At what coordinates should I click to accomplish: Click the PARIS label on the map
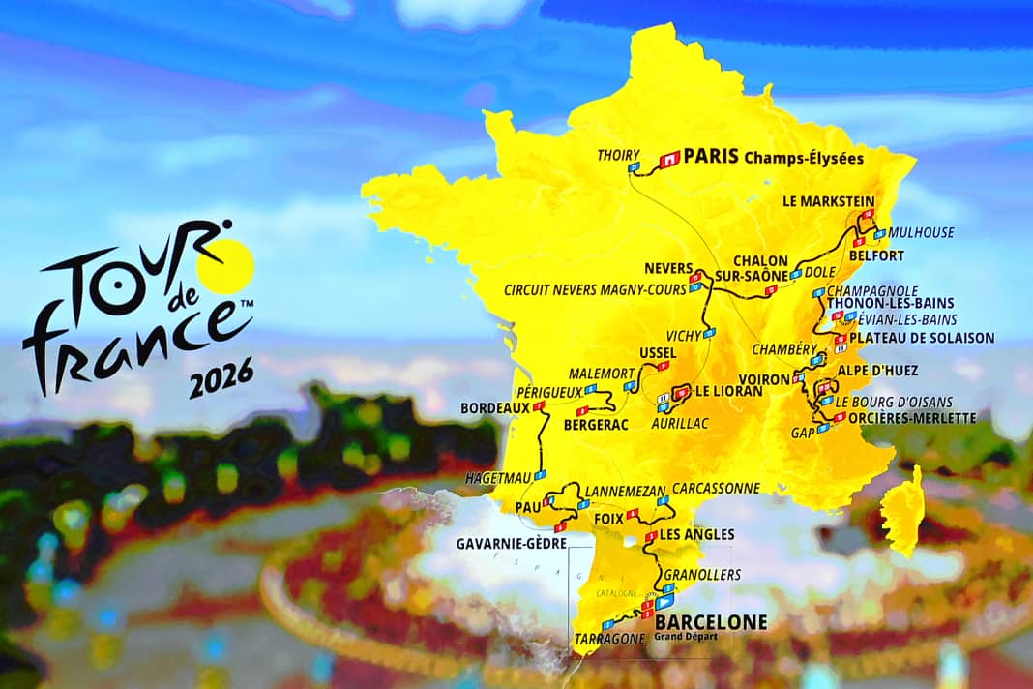[711, 156]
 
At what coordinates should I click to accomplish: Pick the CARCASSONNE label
[716, 489]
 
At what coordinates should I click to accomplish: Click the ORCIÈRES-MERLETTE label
[912, 418]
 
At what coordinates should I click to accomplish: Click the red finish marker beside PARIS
[668, 157]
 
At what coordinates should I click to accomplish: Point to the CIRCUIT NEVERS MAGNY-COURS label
[595, 289]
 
